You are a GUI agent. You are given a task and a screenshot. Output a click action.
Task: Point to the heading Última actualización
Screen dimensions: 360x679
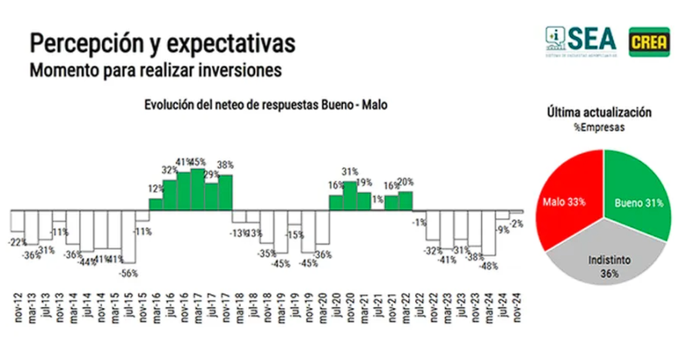pos(599,112)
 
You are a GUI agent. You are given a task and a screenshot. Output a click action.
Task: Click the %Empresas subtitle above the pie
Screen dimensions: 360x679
pos(599,128)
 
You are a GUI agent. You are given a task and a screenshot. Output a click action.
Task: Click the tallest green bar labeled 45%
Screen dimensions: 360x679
pos(198,189)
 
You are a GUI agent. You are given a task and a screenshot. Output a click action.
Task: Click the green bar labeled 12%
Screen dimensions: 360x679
pos(155,204)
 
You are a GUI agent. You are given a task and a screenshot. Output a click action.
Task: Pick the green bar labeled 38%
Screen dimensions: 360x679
pos(226,192)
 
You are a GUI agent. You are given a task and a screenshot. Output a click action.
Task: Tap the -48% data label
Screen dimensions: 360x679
pos(488,265)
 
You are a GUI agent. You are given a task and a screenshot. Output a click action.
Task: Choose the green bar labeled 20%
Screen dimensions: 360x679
pos(405,201)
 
